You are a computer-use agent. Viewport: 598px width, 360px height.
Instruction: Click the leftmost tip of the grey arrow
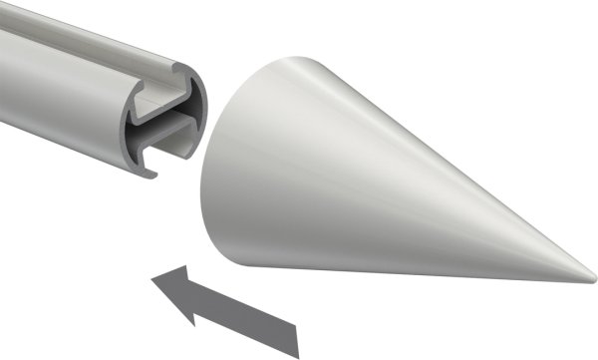tap(150, 281)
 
